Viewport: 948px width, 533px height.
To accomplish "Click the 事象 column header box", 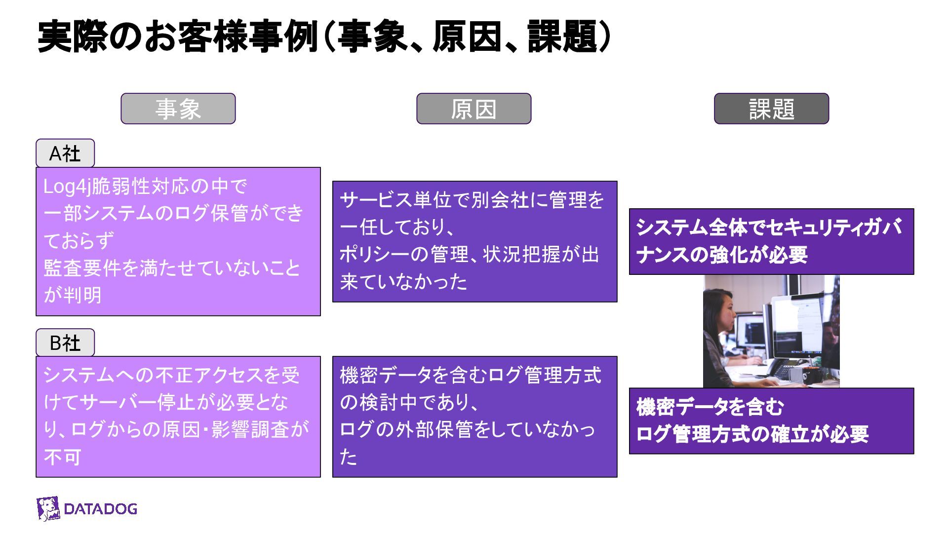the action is click(x=178, y=109).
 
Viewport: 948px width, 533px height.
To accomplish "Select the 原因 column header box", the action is click(x=474, y=109).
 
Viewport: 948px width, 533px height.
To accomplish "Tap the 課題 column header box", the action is click(x=771, y=109).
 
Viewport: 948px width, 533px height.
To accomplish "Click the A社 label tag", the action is click(x=65, y=153).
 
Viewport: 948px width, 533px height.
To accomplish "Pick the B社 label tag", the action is click(x=65, y=343).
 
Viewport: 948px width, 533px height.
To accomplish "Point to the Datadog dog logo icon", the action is click(x=48, y=509).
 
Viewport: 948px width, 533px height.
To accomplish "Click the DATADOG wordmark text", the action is click(x=101, y=509).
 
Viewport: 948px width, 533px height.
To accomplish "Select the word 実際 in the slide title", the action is click(x=72, y=37).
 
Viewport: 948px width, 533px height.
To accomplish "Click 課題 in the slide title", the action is click(x=562, y=37).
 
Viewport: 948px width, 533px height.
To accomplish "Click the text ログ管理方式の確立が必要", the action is click(x=751, y=434).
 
